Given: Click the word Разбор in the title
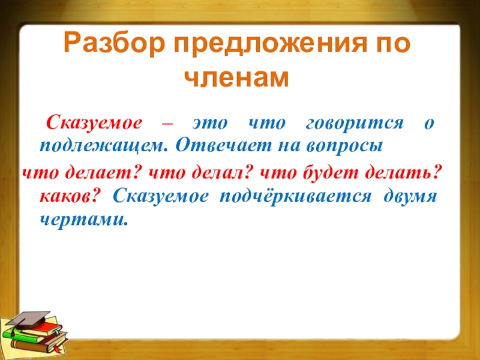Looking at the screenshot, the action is [115, 44].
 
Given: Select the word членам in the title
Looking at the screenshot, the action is [237, 78].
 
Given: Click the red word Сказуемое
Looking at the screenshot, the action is [94, 123].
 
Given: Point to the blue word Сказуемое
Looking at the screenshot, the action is [160, 196].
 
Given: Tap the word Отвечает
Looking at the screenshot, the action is [224, 145].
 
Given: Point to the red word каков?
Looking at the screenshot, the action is [70, 196].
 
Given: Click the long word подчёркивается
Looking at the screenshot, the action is [296, 197].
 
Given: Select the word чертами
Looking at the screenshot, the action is [83, 220].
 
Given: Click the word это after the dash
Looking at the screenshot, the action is [210, 124].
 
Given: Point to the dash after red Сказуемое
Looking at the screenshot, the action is [167, 124].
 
